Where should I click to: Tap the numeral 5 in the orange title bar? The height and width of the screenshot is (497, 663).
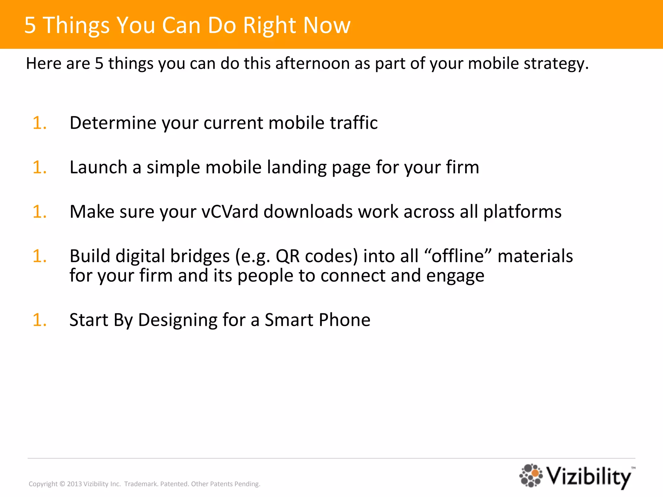click(30, 25)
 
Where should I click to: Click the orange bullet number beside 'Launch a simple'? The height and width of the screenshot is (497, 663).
click(39, 167)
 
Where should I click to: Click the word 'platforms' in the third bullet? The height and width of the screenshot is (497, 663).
click(522, 212)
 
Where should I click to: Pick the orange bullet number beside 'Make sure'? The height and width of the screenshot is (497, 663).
click(39, 212)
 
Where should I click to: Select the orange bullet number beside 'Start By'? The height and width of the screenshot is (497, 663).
click(39, 320)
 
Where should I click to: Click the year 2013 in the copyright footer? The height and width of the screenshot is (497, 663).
click(74, 484)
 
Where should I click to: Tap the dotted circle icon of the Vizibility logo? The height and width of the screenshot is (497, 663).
click(531, 475)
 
